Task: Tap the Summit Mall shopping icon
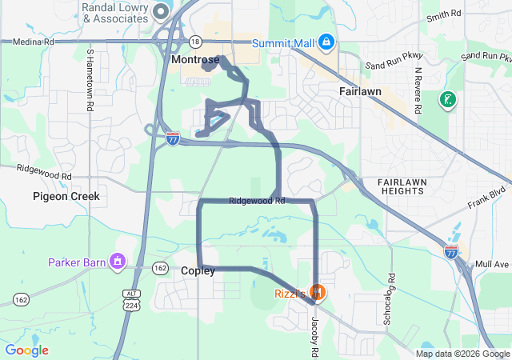click(326, 42)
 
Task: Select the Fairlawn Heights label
click(393, 186)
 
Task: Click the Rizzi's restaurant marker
click(318, 293)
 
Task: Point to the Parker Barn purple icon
click(118, 261)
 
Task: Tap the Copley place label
click(198, 271)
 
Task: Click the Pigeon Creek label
click(66, 196)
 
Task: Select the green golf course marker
click(448, 100)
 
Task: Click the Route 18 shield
click(196, 41)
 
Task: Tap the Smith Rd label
click(444, 15)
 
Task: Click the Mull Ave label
click(490, 263)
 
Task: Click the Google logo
click(27, 350)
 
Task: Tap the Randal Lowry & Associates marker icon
click(161, 10)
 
